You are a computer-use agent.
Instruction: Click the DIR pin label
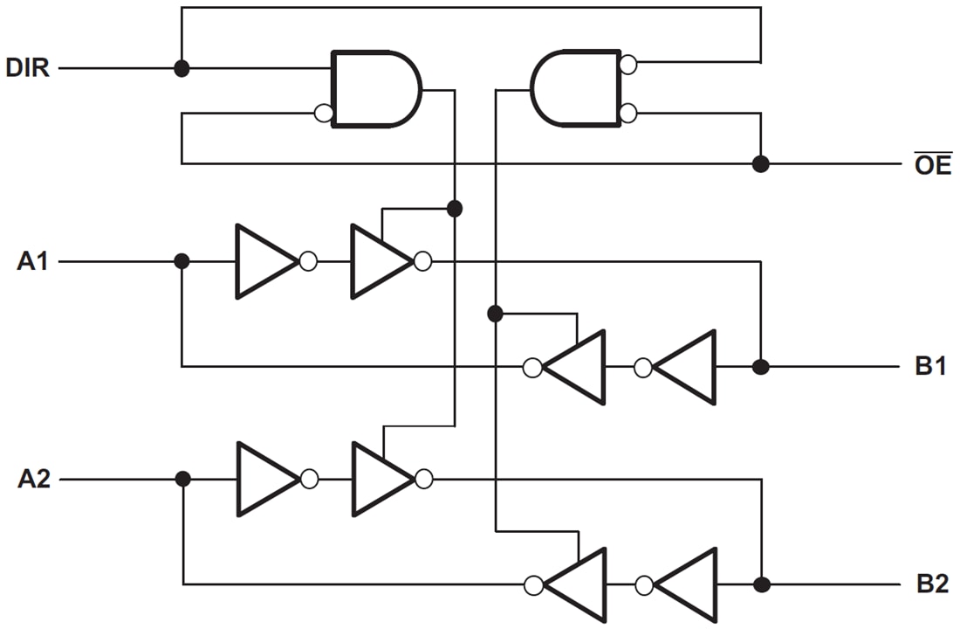[27, 68]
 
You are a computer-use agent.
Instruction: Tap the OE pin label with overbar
[932, 164]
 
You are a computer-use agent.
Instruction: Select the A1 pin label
[32, 261]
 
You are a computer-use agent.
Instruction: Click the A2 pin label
[32, 480]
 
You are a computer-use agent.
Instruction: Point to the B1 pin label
[930, 367]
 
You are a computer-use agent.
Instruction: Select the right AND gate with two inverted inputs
[576, 88]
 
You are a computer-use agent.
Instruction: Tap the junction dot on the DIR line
[182, 68]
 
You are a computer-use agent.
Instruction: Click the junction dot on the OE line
[761, 164]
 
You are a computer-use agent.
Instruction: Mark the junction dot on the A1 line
[182, 261]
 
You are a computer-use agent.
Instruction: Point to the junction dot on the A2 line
[182, 479]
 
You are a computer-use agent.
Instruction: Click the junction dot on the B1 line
[761, 367]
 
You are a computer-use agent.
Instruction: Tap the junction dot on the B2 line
[761, 584]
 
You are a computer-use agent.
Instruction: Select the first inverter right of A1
[264, 261]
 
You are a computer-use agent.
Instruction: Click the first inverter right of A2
[265, 479]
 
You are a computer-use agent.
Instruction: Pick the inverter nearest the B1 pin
[688, 367]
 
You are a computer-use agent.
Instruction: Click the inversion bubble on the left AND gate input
[323, 113]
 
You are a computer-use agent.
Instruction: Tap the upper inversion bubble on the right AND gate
[627, 64]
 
